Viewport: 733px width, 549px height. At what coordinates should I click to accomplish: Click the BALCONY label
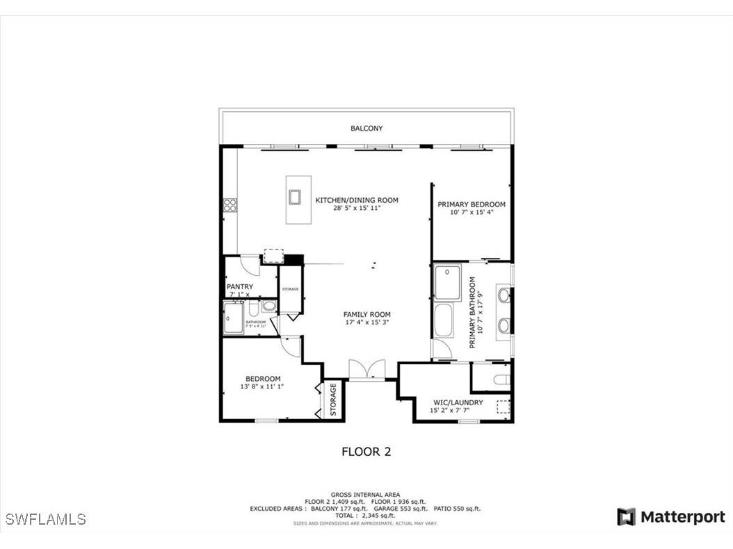[x=366, y=129]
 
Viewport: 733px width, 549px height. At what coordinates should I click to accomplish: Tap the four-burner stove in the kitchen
[x=229, y=204]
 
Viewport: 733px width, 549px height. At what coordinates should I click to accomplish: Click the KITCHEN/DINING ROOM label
[x=357, y=200]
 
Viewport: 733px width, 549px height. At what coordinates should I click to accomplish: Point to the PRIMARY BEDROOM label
[x=471, y=204]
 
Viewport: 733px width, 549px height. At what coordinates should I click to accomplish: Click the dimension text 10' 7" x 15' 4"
[x=471, y=213]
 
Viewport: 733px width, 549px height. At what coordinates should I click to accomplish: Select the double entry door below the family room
[x=366, y=370]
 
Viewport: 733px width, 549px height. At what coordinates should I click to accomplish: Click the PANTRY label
[x=240, y=286]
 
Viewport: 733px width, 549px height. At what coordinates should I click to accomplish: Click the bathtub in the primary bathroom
[x=442, y=322]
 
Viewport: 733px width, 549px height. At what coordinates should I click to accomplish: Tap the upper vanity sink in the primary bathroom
[x=504, y=297]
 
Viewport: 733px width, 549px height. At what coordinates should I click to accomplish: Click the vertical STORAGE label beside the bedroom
[x=333, y=400]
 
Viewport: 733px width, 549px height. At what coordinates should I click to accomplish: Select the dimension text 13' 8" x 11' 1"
[x=262, y=386]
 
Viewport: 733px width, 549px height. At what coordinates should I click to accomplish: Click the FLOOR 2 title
[x=366, y=452]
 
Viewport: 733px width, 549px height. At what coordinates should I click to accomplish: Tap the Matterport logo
[x=671, y=517]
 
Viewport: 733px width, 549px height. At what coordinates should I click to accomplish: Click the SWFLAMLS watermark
[x=45, y=519]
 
